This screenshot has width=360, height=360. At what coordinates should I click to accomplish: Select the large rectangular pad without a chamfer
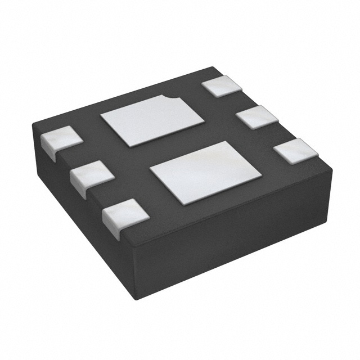[x=205, y=172]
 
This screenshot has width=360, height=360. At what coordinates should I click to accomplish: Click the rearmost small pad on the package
[x=222, y=86]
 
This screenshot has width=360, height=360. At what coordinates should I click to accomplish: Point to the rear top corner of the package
[x=213, y=67]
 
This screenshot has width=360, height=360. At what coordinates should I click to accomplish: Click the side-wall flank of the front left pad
[x=112, y=227]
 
